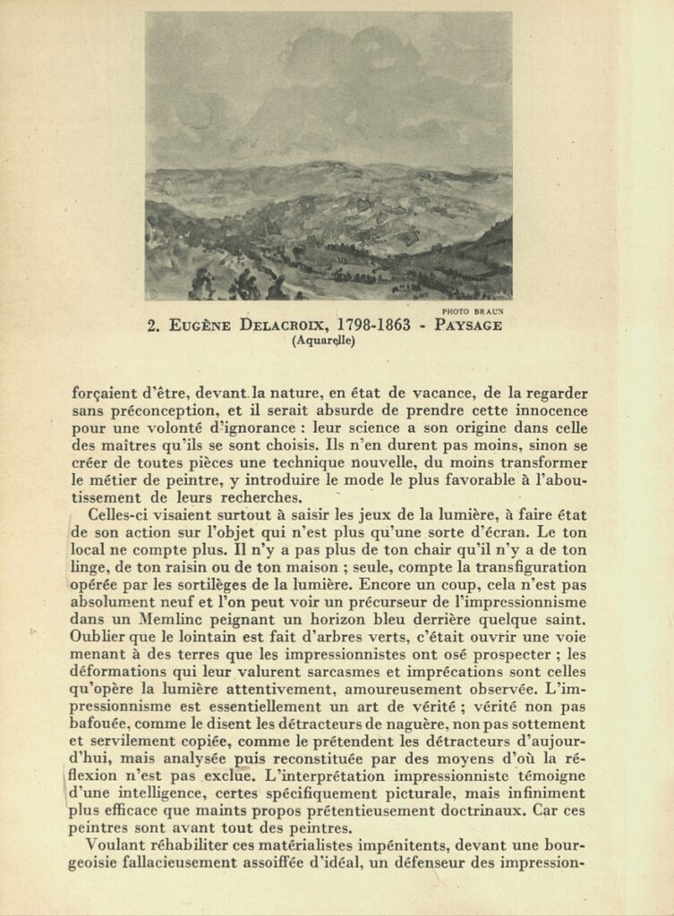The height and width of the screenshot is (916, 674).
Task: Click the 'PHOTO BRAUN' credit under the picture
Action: (x=473, y=311)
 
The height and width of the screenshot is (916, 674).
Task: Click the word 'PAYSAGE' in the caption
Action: (x=469, y=325)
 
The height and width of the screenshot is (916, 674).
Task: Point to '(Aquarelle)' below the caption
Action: (x=323, y=340)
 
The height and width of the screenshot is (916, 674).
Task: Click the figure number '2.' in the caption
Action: (x=153, y=325)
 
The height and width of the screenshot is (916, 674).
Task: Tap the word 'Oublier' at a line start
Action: (x=99, y=637)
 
